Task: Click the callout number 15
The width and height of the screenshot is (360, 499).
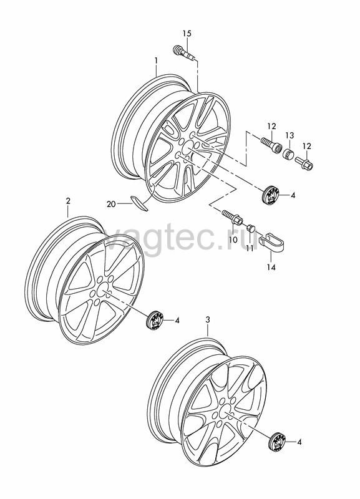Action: pyautogui.click(x=187, y=33)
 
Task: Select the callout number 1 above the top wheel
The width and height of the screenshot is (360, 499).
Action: pyautogui.click(x=156, y=60)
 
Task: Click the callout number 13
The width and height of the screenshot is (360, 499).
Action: pyautogui.click(x=289, y=135)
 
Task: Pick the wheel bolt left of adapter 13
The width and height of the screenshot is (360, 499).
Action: pyautogui.click(x=270, y=145)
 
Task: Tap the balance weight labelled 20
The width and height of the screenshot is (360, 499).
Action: pyautogui.click(x=139, y=203)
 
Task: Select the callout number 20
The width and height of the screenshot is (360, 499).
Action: pyautogui.click(x=111, y=204)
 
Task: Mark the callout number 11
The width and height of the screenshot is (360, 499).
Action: pyautogui.click(x=250, y=248)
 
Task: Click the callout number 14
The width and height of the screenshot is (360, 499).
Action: pyautogui.click(x=271, y=267)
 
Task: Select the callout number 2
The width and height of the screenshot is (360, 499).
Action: pyautogui.click(x=68, y=201)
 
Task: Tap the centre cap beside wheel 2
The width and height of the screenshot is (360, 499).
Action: pyautogui.click(x=155, y=321)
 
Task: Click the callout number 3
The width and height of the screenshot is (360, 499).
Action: pyautogui.click(x=208, y=320)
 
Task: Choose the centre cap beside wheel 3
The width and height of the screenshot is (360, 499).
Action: pyautogui.click(x=276, y=442)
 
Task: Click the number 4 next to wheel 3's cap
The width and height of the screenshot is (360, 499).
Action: pyautogui.click(x=299, y=442)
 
